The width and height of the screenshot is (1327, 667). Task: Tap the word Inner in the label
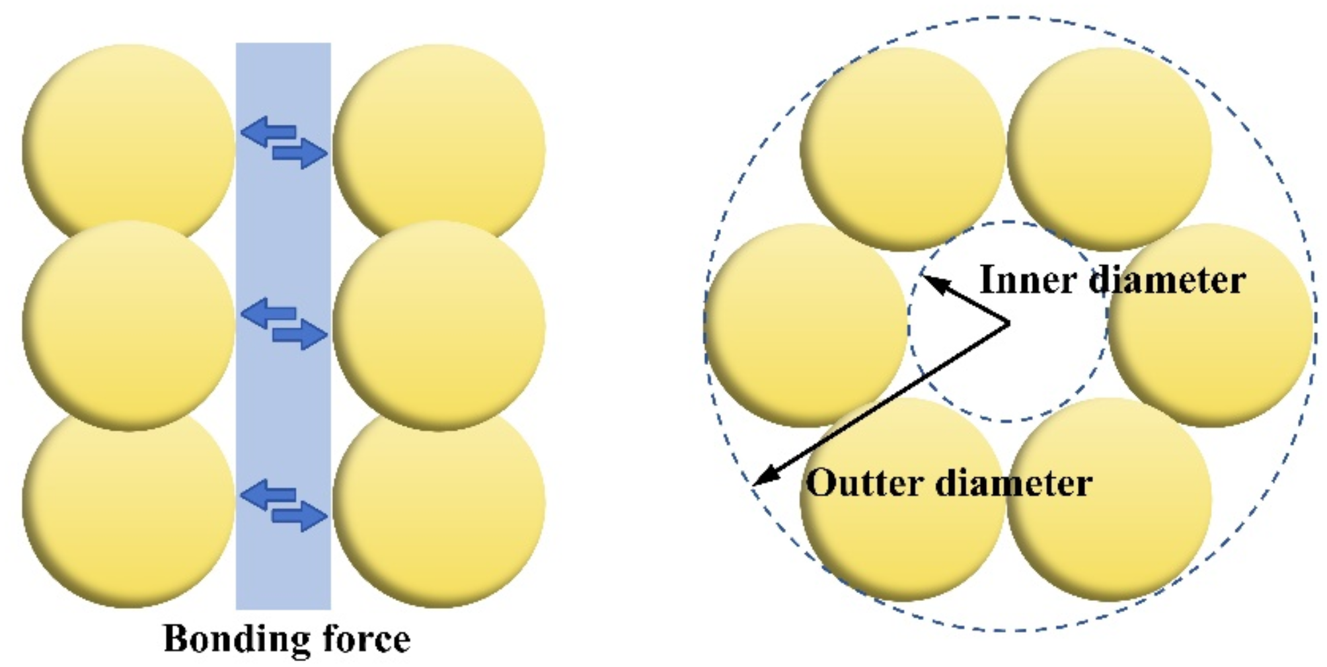1028,280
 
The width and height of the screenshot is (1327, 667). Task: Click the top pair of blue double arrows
283,141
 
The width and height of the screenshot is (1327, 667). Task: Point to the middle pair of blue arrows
283,323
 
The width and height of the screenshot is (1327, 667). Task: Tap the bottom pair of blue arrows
283,505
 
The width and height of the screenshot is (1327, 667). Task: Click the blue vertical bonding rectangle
283,410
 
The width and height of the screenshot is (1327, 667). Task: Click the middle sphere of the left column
129,324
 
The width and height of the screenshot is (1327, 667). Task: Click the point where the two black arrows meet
1009,323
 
